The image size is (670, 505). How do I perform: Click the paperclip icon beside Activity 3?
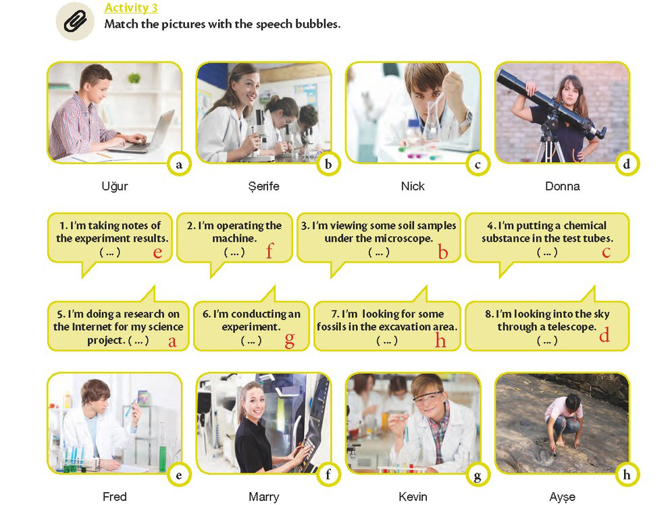click(75, 22)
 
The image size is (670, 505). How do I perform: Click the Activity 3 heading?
click(131, 7)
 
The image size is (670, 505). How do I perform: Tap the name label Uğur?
click(115, 186)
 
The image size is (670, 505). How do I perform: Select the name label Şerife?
click(263, 187)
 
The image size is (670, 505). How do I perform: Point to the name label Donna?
click(563, 186)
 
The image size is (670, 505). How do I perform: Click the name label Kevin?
click(413, 496)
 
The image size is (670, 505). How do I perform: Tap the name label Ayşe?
click(563, 497)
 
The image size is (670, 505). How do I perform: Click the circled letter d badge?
click(626, 164)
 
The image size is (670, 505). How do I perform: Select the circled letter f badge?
click(328, 474)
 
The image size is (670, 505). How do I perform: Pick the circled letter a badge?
click(178, 165)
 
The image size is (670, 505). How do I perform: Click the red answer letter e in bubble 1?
click(157, 252)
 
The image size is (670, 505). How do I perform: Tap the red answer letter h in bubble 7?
click(440, 340)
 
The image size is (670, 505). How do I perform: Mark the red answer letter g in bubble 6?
click(289, 340)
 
